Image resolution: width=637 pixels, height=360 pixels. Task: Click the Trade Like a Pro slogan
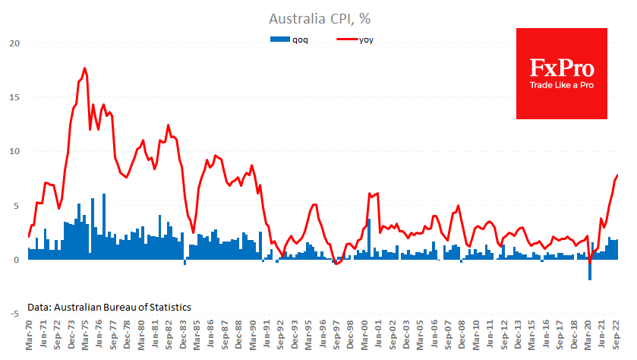[561, 84]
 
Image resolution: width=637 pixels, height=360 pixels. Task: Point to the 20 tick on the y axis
[13, 43]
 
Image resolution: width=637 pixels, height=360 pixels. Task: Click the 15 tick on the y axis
[13, 96]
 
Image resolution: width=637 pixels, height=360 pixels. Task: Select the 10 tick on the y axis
[13, 151]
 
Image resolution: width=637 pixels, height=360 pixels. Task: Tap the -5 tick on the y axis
[13, 313]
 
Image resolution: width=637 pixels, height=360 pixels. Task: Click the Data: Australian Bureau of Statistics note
[109, 307]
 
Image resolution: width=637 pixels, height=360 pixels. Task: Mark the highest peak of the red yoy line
[85, 68]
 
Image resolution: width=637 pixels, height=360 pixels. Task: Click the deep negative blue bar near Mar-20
[589, 270]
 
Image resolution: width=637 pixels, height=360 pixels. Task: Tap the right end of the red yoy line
[618, 175]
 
